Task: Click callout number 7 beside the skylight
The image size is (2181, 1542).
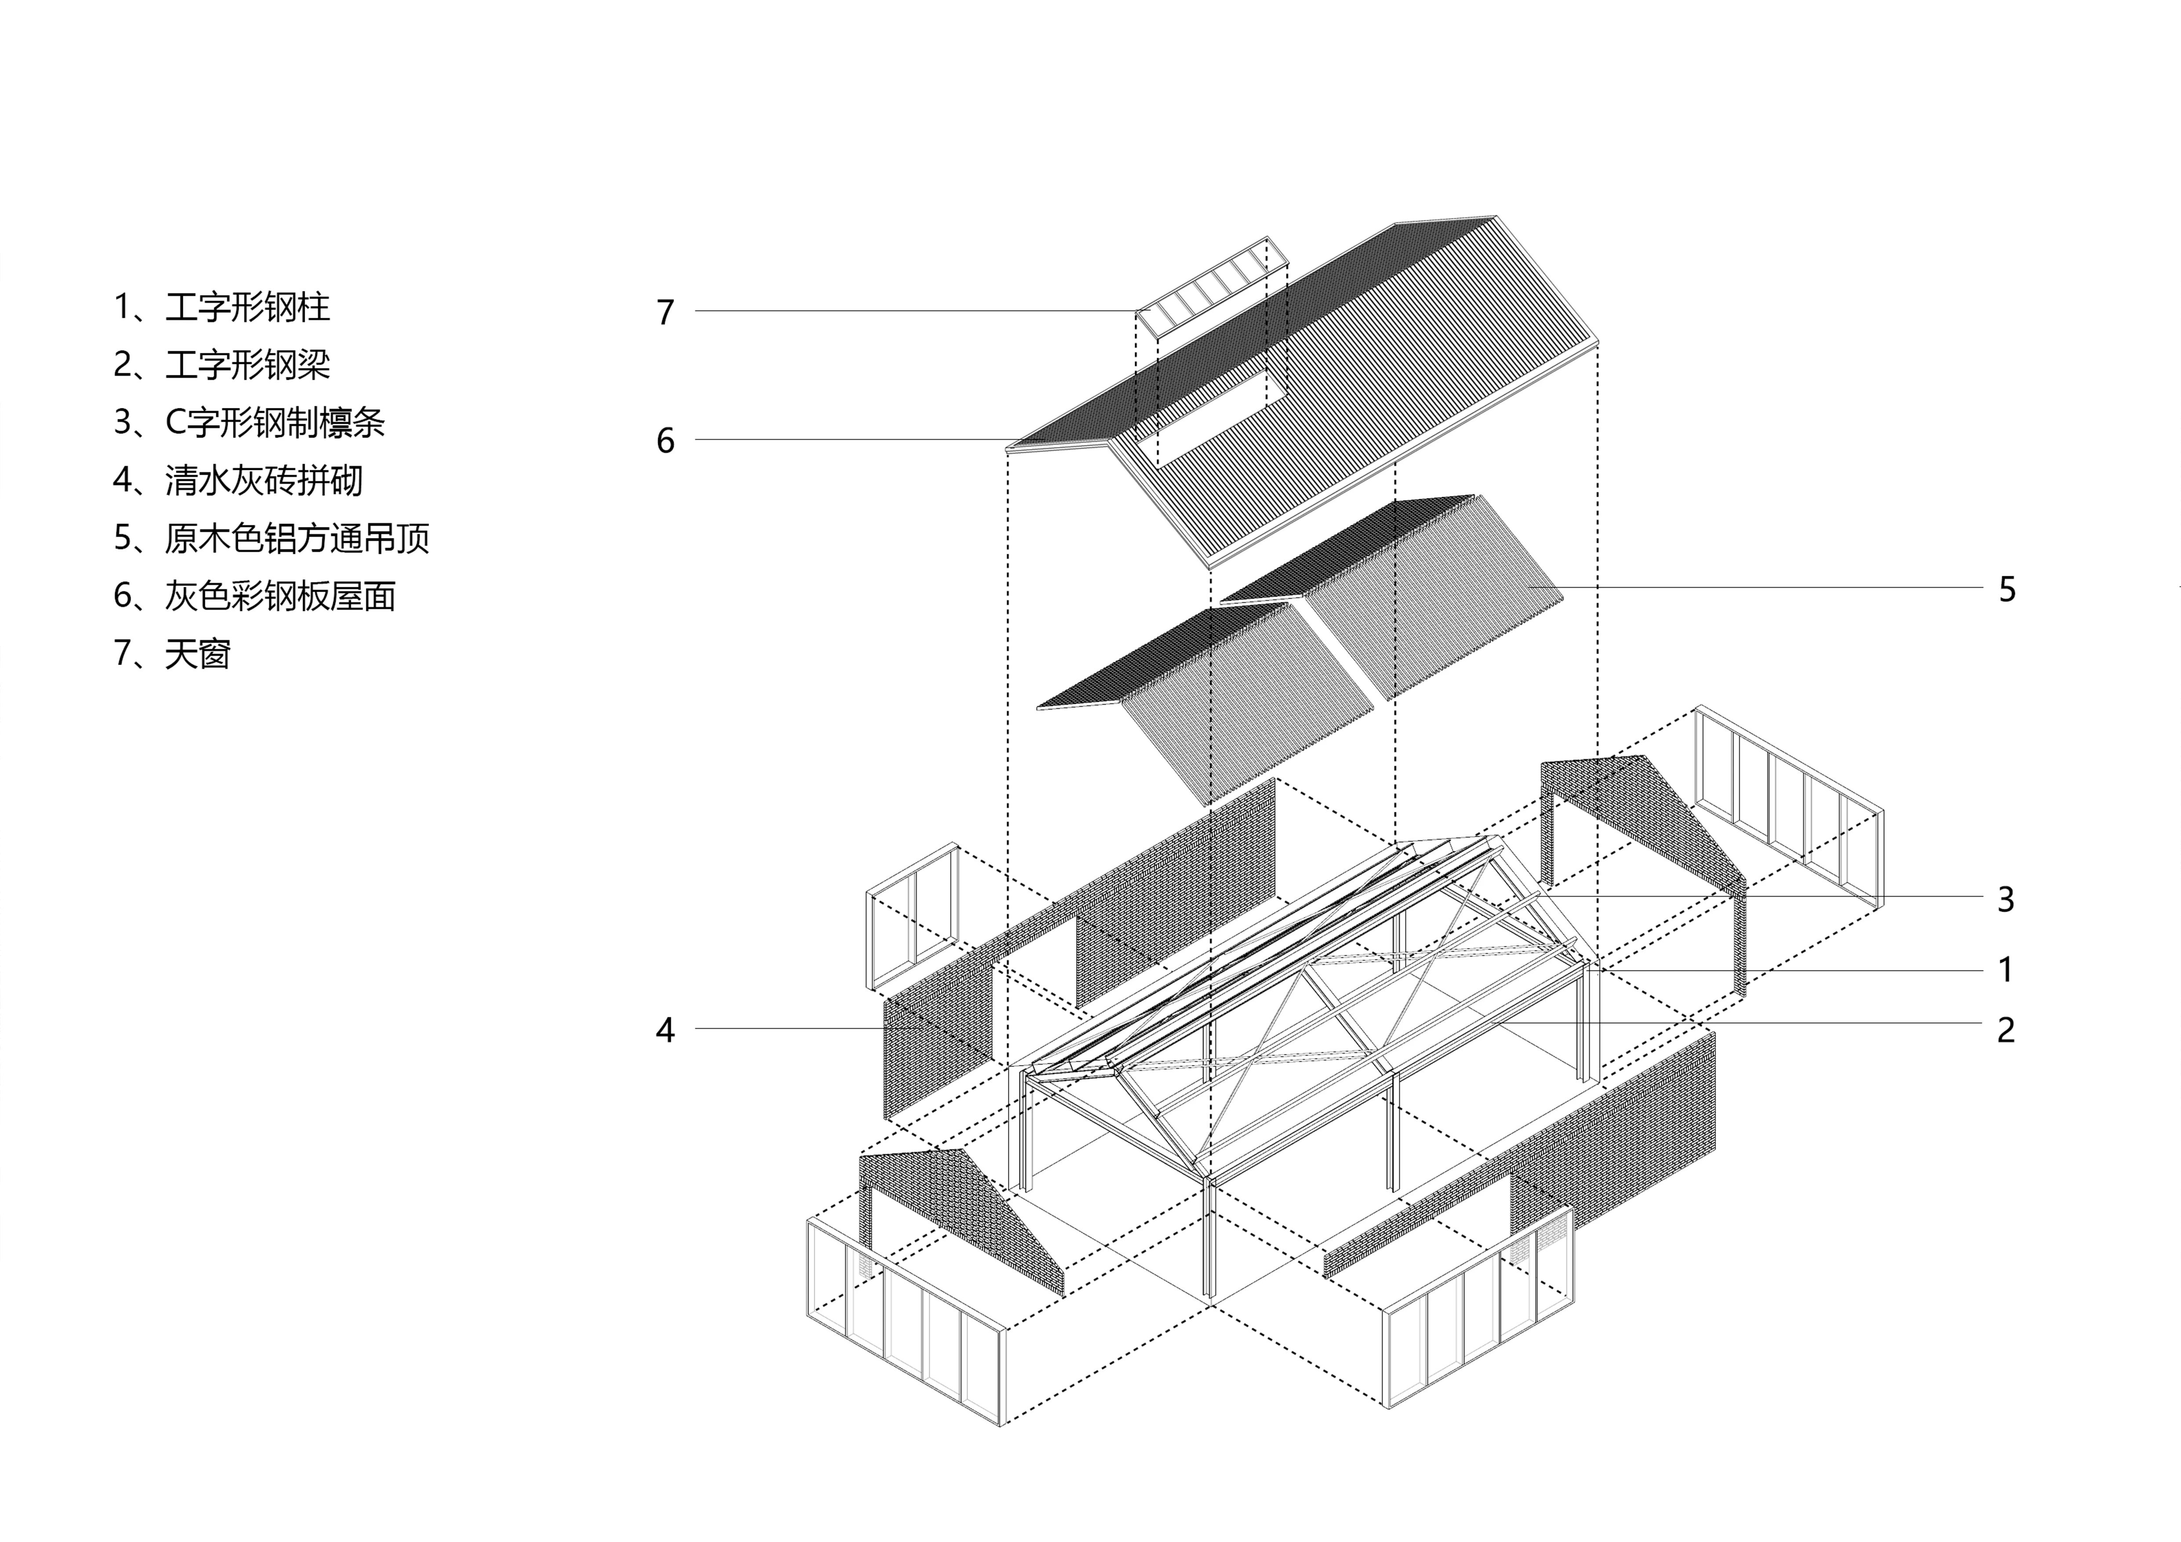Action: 665,313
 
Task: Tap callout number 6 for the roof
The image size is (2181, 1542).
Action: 665,440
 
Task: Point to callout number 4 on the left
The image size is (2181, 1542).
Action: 665,1030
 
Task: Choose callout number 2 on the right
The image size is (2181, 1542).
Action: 2005,1030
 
